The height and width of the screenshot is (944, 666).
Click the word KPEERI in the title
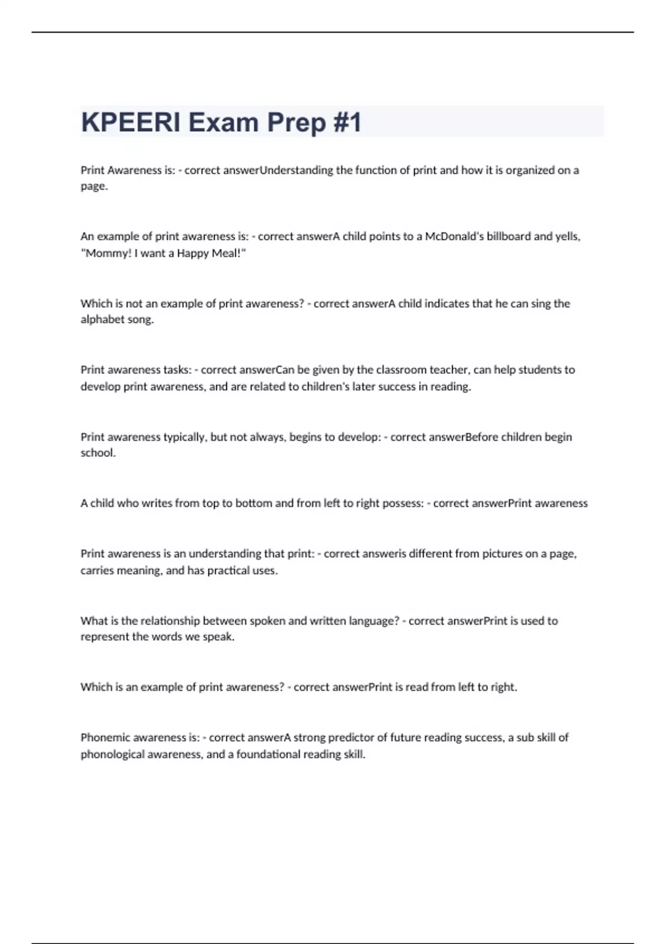(130, 122)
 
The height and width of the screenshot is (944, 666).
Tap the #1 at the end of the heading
(347, 122)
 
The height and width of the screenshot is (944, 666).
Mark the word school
(98, 453)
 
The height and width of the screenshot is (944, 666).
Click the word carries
(97, 571)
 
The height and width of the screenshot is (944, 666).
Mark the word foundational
(272, 755)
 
